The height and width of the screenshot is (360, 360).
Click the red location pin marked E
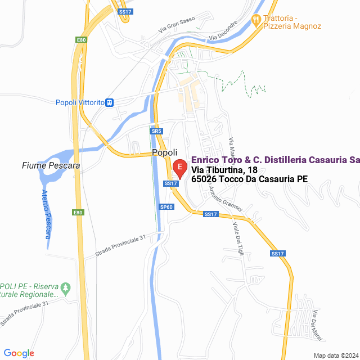click(179, 168)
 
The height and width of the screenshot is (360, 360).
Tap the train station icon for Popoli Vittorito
click(110, 102)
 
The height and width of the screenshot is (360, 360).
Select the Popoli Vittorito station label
click(80, 102)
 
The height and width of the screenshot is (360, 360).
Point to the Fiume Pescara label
click(51, 165)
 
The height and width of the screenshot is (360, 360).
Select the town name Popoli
click(165, 153)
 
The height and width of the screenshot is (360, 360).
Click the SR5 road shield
click(156, 131)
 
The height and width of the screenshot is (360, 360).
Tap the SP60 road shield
click(166, 207)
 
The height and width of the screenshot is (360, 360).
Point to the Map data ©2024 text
click(335, 355)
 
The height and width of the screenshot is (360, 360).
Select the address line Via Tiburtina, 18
click(224, 170)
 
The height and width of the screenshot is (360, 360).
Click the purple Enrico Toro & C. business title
click(275, 160)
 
